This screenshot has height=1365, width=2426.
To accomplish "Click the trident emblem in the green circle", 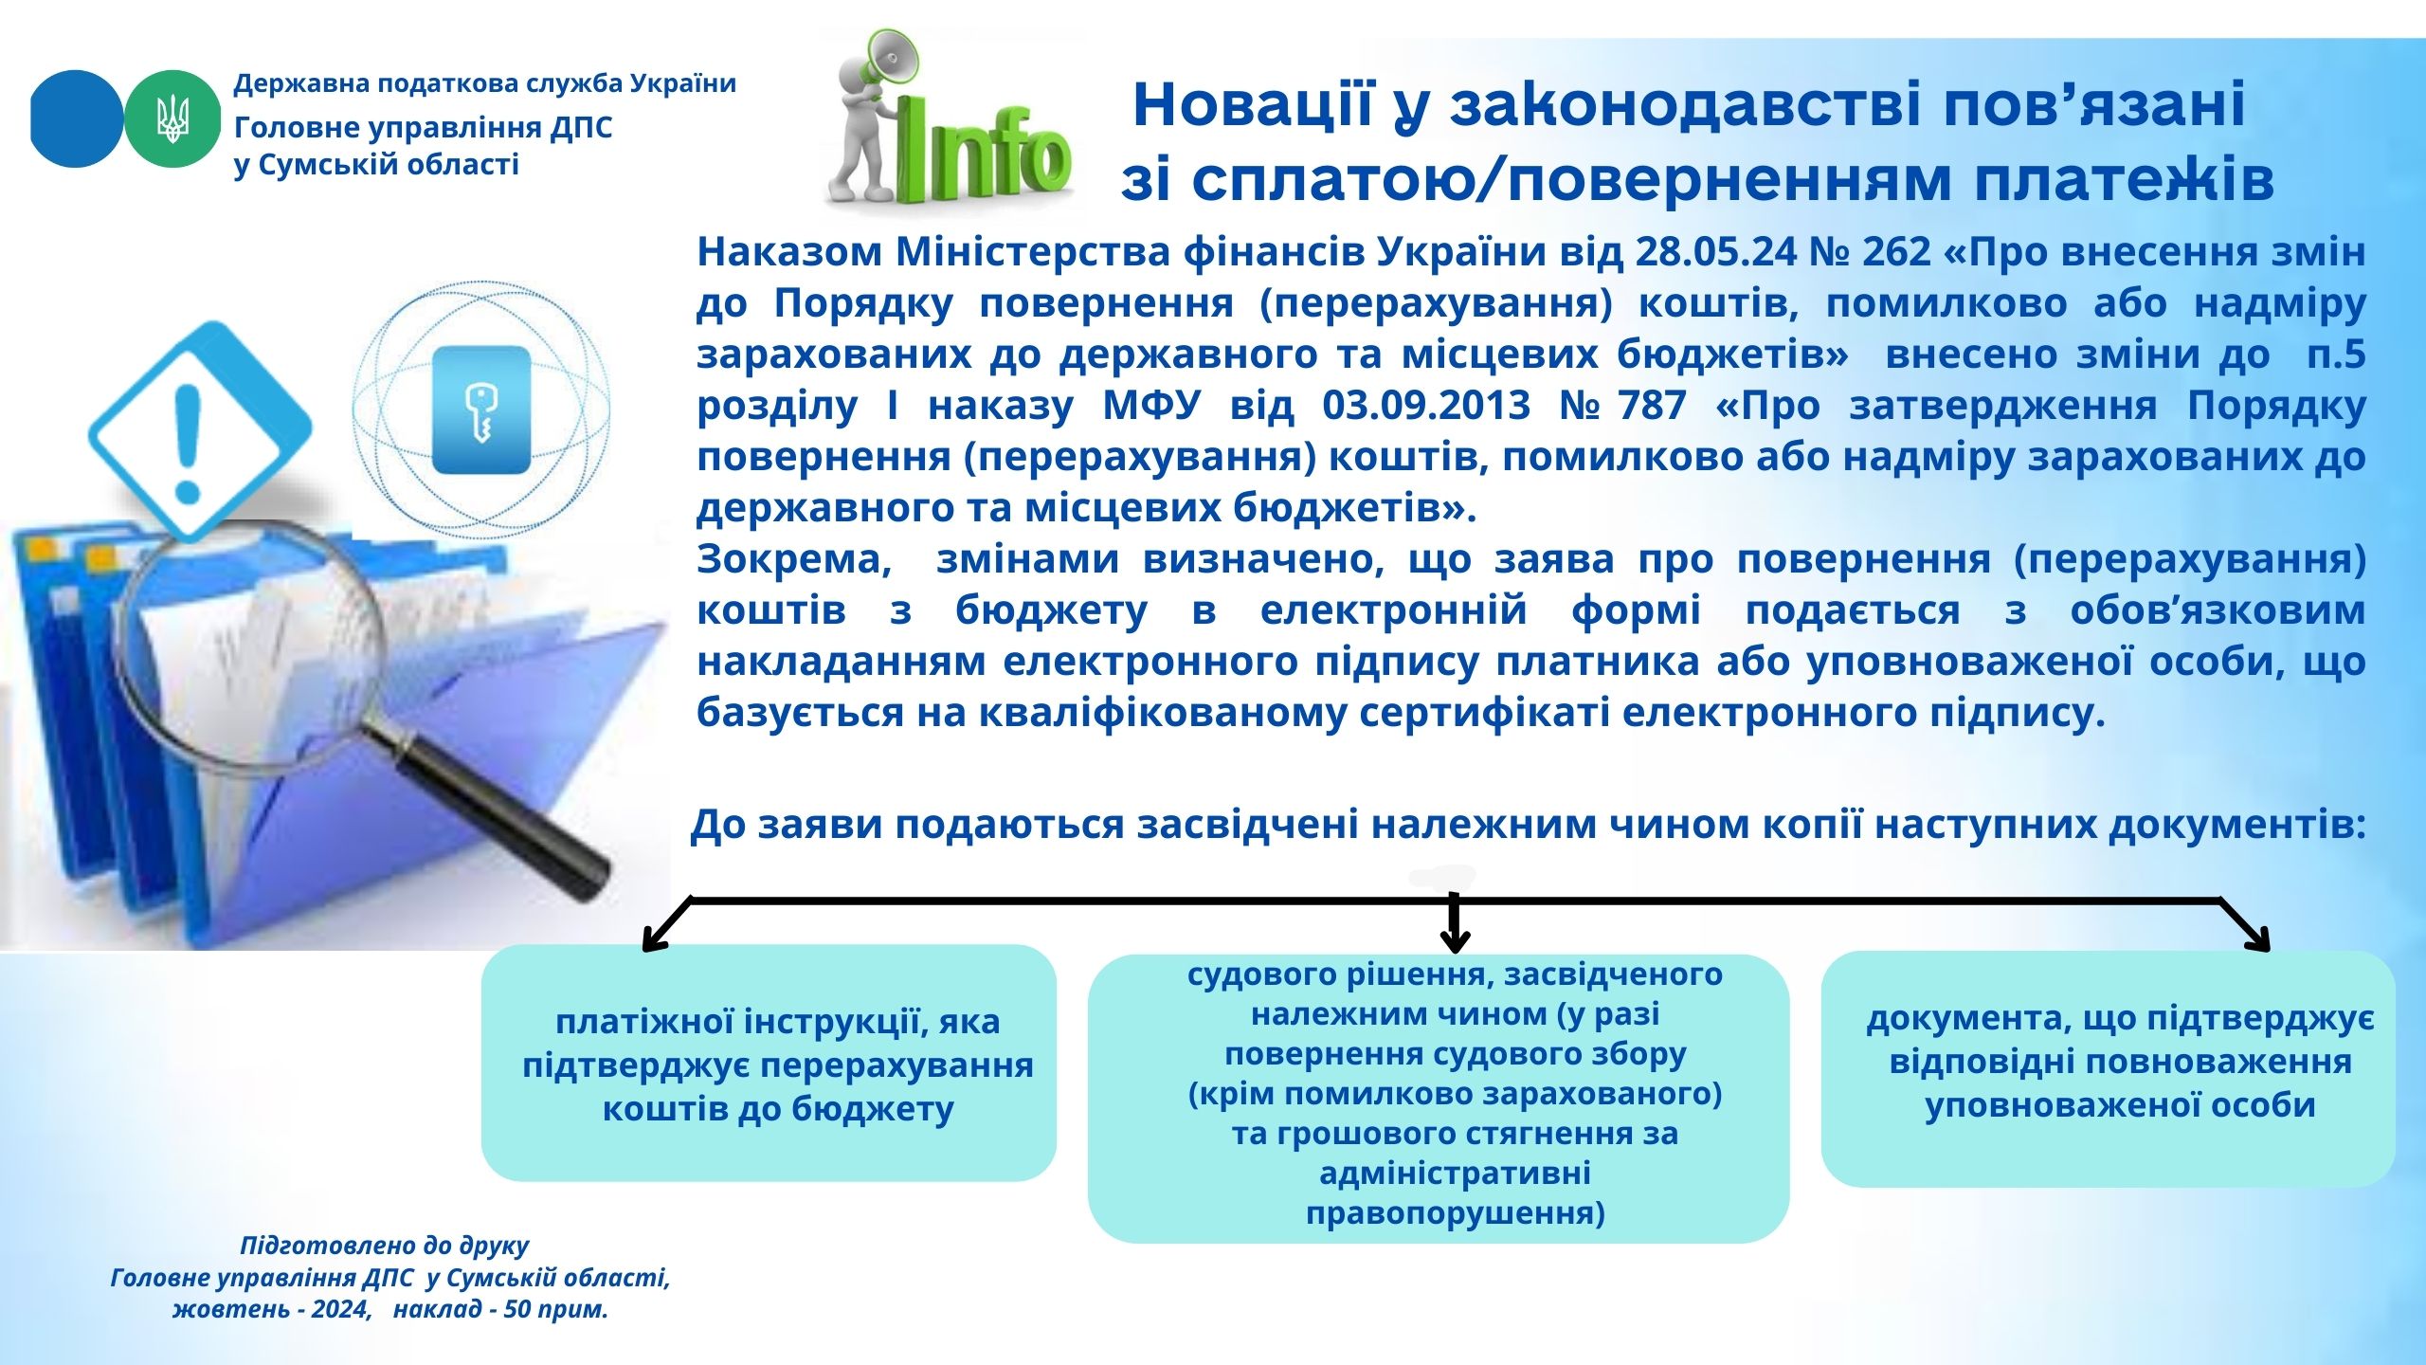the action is coord(172,118).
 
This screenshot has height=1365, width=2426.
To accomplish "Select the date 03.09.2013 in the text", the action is coord(1426,406).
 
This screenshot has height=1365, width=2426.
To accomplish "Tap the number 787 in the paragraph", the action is coord(1652,406).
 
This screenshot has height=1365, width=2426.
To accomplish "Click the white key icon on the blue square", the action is coord(481,413).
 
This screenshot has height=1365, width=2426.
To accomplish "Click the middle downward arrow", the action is coord(1454,921).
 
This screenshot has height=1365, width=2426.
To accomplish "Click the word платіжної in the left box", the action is coord(643,1022).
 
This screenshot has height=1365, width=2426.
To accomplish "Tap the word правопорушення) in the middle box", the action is coord(1456,1214).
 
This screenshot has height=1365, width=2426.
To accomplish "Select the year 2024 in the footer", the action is coord(339,1310).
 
